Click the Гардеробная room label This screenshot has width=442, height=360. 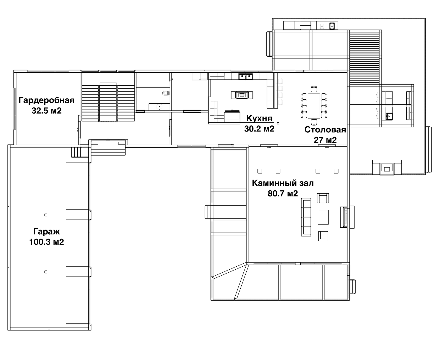click(46, 100)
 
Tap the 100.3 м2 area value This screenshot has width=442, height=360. click(46, 242)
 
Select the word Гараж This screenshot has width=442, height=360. click(46, 232)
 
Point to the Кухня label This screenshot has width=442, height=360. click(259, 119)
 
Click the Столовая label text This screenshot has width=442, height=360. click(325, 130)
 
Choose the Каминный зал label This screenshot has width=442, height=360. click(283, 183)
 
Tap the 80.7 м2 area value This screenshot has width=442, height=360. click(283, 194)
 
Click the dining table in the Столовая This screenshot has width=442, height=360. click(314, 106)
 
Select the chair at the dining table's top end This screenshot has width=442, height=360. click(314, 89)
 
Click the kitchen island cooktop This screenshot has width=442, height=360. click(242, 95)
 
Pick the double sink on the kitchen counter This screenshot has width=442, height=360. click(246, 77)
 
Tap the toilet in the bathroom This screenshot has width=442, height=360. click(166, 93)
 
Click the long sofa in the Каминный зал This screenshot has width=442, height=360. click(306, 217)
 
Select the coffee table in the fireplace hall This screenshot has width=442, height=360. click(323, 217)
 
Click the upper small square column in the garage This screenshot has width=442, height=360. click(46, 215)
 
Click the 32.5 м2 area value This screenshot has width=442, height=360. click(46, 111)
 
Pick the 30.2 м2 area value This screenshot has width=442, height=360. click(259, 129)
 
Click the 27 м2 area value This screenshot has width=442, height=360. click(325, 140)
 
